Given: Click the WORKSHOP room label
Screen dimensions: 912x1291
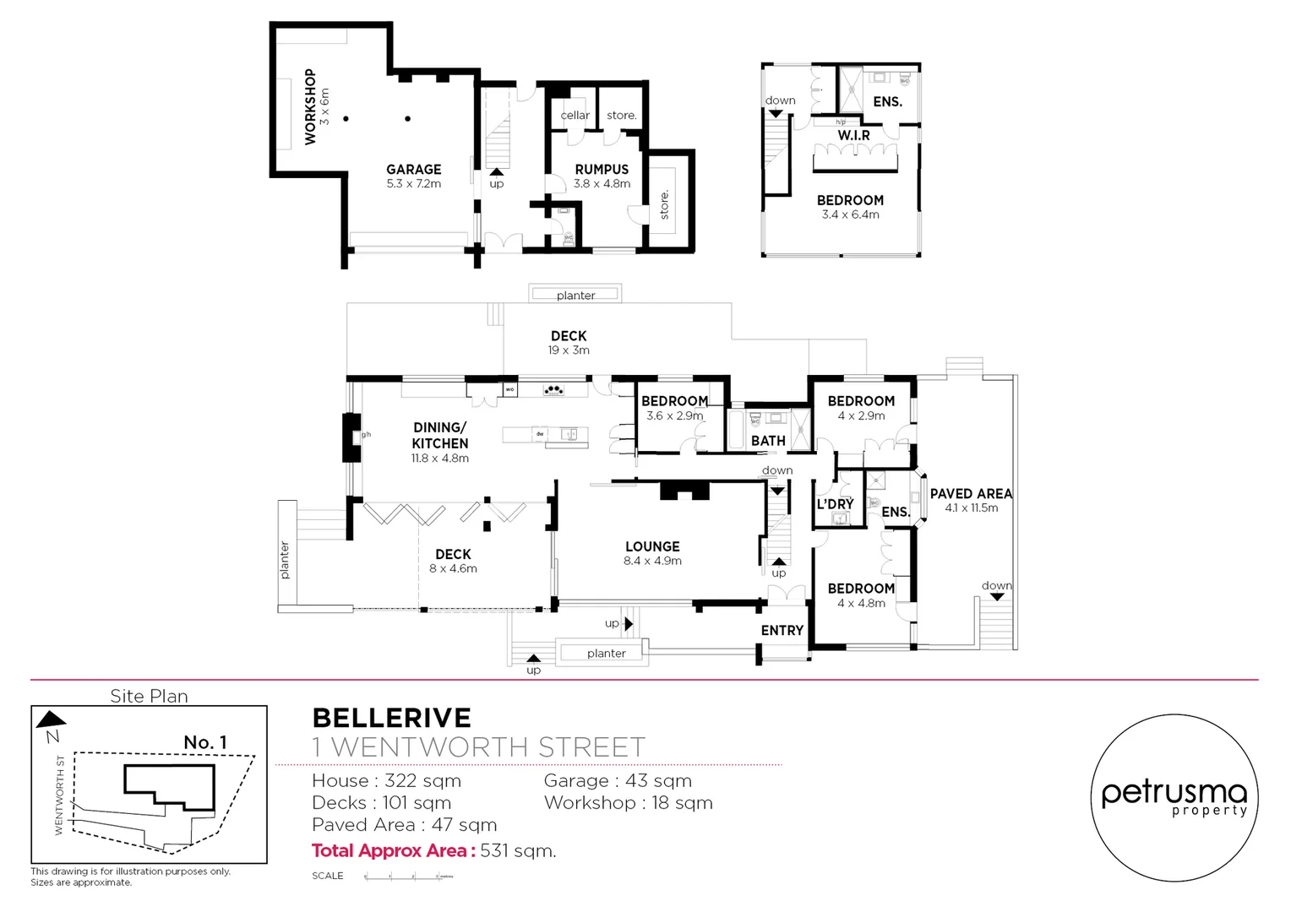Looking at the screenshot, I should [x=310, y=106].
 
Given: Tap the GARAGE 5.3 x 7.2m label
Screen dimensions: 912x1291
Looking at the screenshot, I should [x=413, y=176].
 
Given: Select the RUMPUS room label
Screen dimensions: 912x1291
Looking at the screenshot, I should [x=602, y=170].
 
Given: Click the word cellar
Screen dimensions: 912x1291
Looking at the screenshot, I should [x=575, y=116].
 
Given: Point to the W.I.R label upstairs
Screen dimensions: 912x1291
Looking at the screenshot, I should [x=853, y=135].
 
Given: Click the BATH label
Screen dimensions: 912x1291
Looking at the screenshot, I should [x=768, y=441].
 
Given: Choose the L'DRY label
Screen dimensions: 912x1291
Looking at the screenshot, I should [x=835, y=504].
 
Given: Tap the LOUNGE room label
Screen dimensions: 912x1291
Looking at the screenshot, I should [x=652, y=547].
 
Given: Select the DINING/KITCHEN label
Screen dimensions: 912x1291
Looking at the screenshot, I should [x=439, y=436].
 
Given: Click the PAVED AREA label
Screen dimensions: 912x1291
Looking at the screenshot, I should [x=971, y=494].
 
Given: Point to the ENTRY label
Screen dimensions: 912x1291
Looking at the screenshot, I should [x=782, y=631].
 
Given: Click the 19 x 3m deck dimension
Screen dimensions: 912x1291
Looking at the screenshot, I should [x=569, y=350].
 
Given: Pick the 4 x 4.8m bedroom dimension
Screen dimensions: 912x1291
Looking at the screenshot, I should [x=861, y=604].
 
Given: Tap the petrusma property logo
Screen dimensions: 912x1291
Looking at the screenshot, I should [x=1174, y=797].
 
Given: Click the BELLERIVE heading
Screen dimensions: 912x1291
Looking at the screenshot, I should [x=392, y=718].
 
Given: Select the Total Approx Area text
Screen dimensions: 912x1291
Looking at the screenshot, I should [x=433, y=851].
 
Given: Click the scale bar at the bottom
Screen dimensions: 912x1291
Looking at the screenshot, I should [x=409, y=877].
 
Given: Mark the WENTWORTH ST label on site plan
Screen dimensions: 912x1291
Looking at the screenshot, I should [x=59, y=795].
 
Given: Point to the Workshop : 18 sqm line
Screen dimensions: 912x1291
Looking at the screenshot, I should [x=628, y=803].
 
